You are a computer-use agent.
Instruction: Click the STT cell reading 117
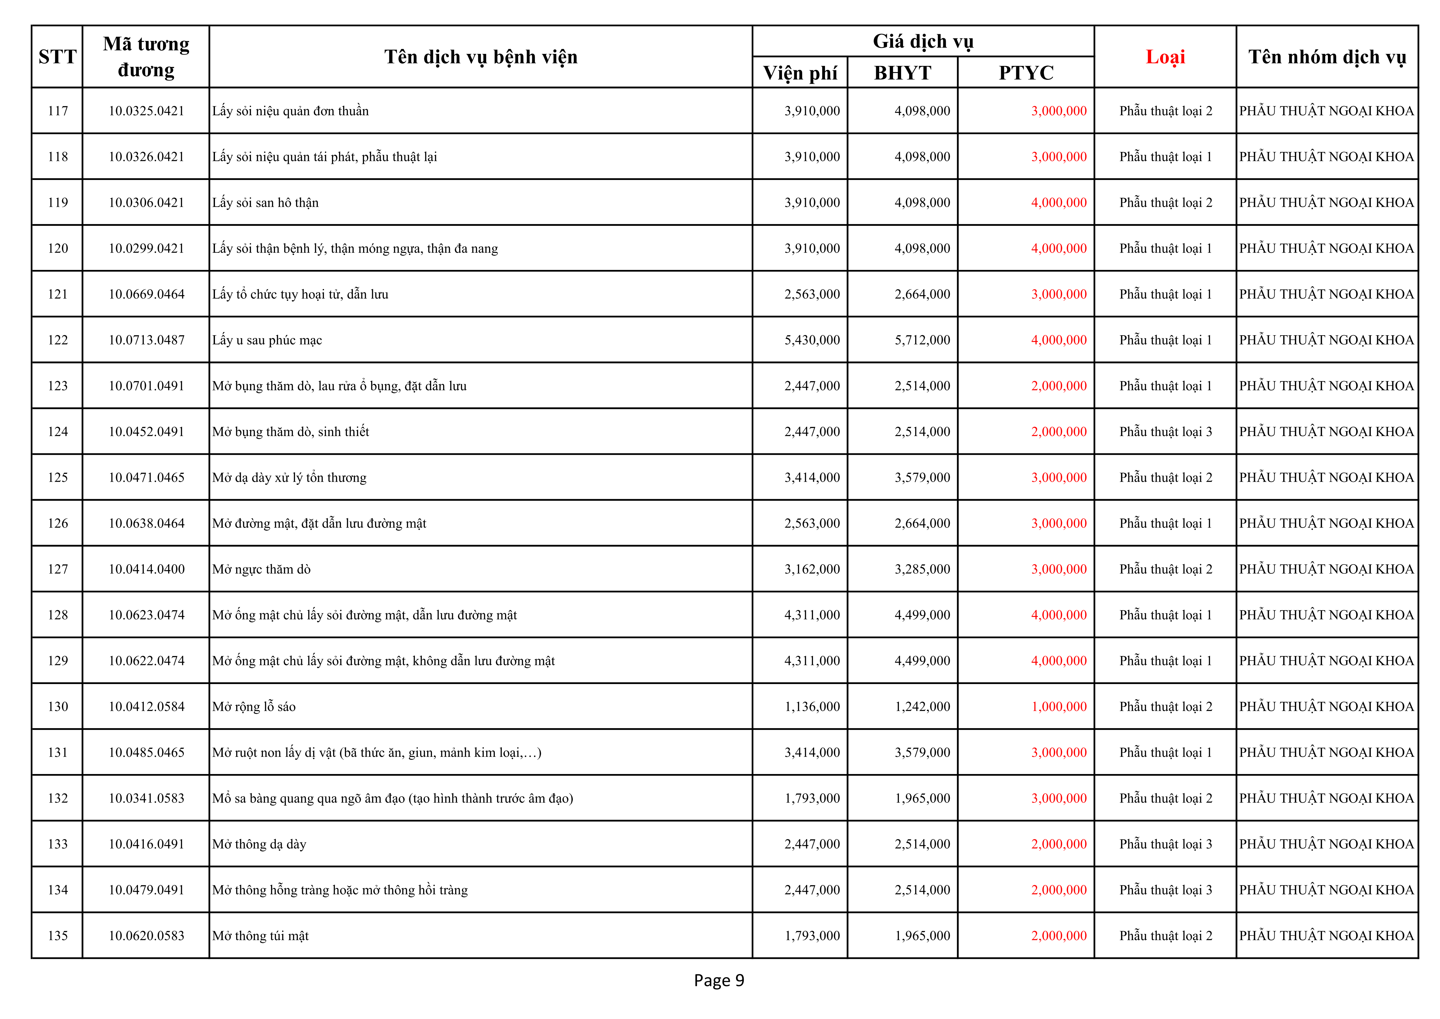[58, 111]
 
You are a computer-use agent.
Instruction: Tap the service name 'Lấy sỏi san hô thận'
[265, 203]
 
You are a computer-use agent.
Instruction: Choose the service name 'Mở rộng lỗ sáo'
[254, 707]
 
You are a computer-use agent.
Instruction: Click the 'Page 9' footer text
[719, 980]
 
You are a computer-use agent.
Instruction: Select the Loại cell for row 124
[1165, 432]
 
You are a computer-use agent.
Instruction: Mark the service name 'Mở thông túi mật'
[260, 935]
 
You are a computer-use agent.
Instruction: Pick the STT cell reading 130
[58, 707]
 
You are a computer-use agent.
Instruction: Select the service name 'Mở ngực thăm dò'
[261, 569]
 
